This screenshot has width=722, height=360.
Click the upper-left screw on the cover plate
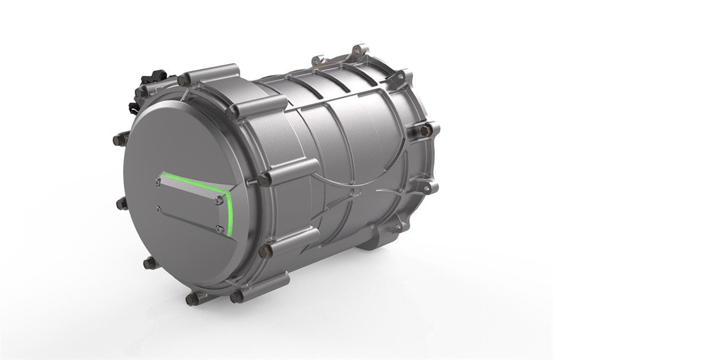click(x=158, y=183)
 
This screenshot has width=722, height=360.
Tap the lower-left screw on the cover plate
click(x=158, y=209)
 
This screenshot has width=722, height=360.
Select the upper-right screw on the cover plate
click(x=218, y=200)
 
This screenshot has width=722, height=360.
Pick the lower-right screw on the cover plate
click(x=219, y=229)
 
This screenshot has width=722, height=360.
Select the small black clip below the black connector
click(x=134, y=107)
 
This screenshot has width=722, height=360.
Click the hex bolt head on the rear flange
click(x=425, y=131)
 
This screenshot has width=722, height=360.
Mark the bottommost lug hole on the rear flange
click(x=397, y=228)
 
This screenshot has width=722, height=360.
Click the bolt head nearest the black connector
click(x=141, y=92)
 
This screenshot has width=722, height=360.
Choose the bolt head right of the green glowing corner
click(x=264, y=179)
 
